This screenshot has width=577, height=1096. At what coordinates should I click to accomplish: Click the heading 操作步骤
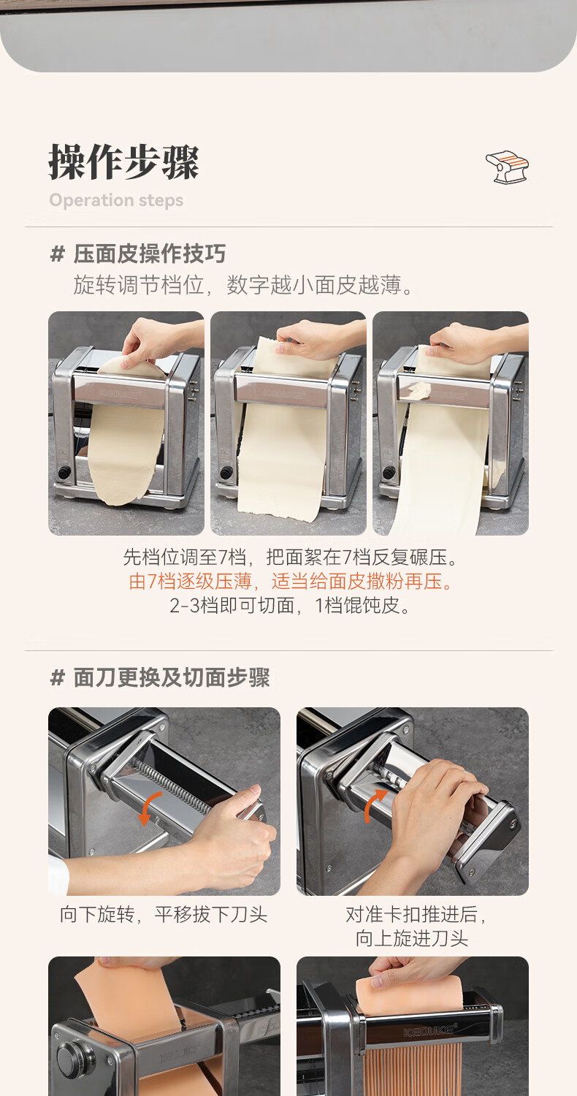(x=123, y=162)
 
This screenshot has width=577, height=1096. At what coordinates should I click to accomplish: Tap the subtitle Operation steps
(x=116, y=200)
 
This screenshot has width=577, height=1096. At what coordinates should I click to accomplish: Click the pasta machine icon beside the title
(x=507, y=167)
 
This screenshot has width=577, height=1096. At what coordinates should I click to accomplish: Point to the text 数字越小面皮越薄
(x=314, y=285)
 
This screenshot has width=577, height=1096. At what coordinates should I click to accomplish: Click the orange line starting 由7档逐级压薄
(x=291, y=582)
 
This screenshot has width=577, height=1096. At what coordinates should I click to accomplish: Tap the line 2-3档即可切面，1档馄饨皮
(x=289, y=606)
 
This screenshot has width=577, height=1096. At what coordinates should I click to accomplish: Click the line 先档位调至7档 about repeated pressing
(x=291, y=557)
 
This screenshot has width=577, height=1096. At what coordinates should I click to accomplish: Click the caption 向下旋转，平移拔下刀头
(x=164, y=914)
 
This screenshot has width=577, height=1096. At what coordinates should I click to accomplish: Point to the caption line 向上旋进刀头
(x=412, y=938)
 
